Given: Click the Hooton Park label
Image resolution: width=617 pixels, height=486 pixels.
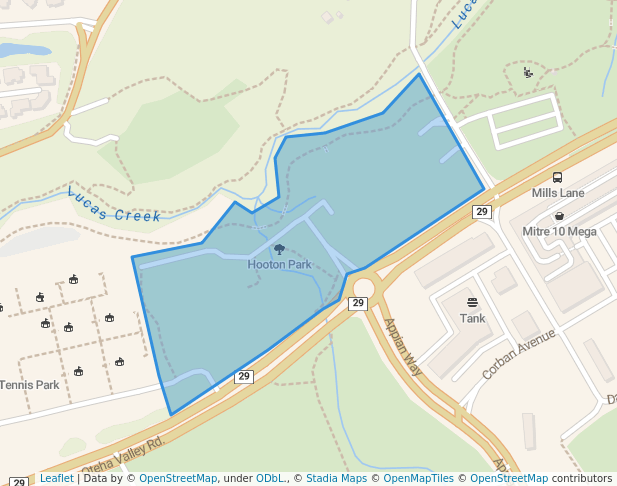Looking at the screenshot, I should (280, 265).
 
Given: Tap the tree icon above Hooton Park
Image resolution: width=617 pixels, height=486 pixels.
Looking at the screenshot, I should (279, 250).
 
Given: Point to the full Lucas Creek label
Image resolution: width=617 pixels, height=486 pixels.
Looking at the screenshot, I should (114, 205).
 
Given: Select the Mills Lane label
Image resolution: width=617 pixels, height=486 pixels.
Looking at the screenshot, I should (558, 193).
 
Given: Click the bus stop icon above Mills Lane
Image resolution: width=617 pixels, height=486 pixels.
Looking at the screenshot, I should (557, 177).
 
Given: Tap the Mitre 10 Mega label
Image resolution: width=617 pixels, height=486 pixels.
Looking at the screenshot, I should (560, 232).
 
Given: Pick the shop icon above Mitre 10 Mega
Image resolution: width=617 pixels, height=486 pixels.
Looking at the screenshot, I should (559, 216).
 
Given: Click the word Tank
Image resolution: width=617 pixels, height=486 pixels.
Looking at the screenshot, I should (472, 319).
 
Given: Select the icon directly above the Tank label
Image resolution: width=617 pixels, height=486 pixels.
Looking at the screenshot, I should (472, 302).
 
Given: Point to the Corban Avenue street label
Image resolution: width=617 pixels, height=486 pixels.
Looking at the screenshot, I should (518, 353).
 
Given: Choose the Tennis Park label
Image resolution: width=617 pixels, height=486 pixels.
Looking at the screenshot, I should (29, 385).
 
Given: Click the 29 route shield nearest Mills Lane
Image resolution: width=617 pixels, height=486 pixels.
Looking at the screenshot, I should (482, 212).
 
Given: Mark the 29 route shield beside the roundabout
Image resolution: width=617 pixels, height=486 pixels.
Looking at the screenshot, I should (358, 303).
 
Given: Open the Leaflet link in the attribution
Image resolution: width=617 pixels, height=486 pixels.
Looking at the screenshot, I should (56, 479).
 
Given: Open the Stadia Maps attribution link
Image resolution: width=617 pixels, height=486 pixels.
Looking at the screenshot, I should (337, 479).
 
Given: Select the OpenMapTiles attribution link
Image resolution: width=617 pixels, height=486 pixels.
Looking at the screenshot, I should (419, 479).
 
